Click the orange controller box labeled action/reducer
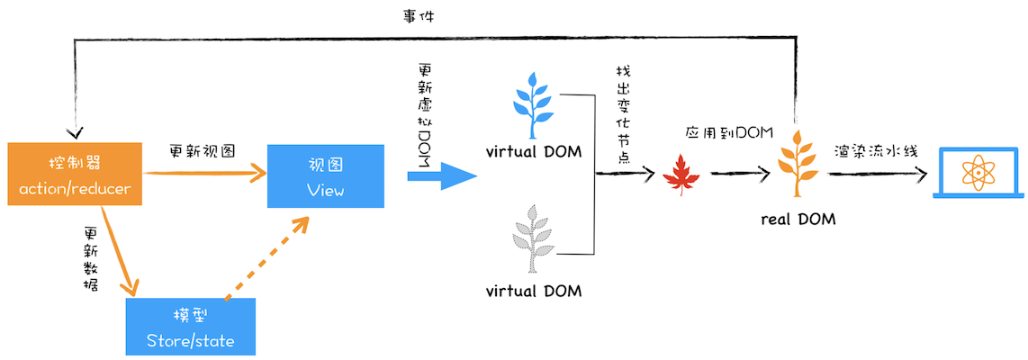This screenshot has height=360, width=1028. pyautogui.click(x=74, y=175)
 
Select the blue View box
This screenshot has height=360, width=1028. pyautogui.click(x=325, y=175)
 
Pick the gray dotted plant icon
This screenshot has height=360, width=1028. pyautogui.click(x=533, y=239)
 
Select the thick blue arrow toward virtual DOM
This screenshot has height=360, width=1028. pyautogui.click(x=441, y=175)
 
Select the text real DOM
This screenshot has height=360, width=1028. pyautogui.click(x=798, y=219)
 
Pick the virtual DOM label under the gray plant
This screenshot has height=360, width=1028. pyautogui.click(x=533, y=291)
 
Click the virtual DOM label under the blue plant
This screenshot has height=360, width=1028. pyautogui.click(x=533, y=150)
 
